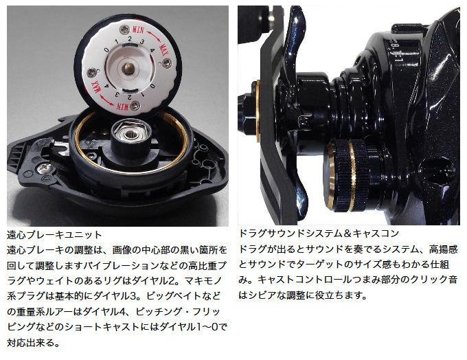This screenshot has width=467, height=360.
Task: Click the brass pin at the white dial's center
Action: (x=128, y=67)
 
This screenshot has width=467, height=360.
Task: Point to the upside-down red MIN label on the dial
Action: (x=122, y=106)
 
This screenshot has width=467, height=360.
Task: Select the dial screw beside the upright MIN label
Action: (x=124, y=30)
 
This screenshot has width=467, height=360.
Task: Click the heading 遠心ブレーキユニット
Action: (x=54, y=235)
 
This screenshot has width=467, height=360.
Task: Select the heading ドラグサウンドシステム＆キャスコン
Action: (x=319, y=234)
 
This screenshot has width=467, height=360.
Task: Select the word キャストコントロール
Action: (x=306, y=280)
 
